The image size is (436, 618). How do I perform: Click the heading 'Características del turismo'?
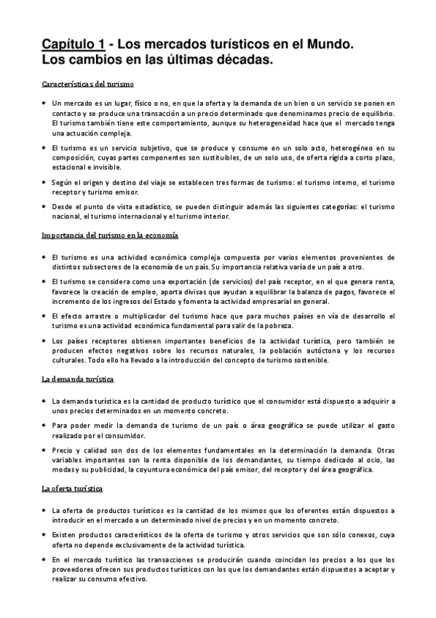coord(87,85)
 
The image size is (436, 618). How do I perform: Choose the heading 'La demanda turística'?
coord(77,380)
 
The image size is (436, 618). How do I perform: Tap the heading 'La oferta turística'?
coord(72,488)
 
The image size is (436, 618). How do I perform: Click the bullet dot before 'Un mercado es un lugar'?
coord(45,104)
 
